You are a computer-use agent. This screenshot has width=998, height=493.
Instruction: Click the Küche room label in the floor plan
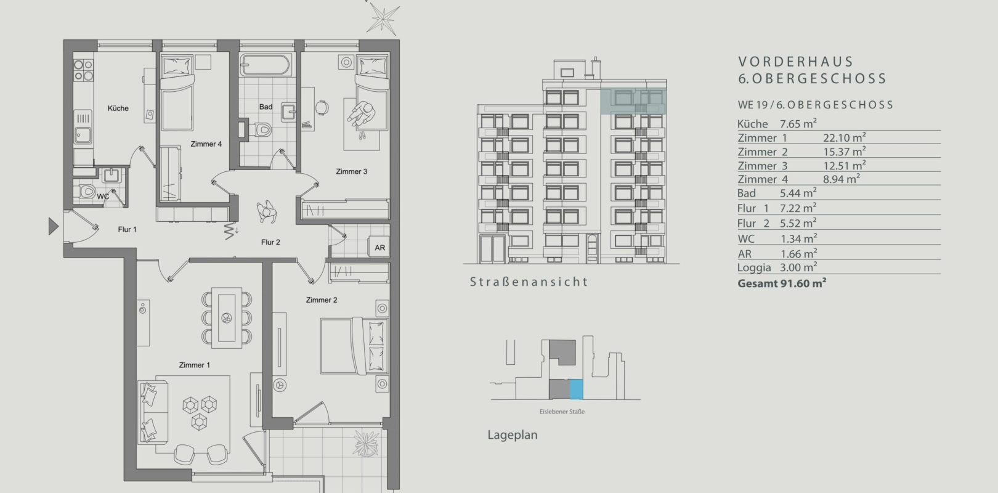point(118,108)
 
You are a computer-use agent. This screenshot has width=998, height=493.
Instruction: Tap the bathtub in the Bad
point(265,65)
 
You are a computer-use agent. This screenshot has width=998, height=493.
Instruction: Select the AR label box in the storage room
point(379,247)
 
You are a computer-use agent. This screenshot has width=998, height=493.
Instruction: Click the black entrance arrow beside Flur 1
point(54,226)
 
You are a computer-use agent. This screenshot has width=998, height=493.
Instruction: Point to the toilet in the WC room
point(87,192)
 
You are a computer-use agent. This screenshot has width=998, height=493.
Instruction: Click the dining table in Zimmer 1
point(227,317)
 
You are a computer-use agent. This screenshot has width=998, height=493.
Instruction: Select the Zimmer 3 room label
point(352,171)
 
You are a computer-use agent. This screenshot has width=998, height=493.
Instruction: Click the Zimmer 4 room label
point(206,144)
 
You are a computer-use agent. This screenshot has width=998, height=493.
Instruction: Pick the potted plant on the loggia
point(366,443)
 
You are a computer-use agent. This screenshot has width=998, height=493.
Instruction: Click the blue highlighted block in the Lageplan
point(577,389)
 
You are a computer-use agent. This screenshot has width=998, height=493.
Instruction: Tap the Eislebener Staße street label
point(562,412)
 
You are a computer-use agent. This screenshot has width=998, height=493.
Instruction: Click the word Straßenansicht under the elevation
point(529,282)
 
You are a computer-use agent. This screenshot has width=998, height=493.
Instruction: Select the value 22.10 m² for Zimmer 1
point(844,138)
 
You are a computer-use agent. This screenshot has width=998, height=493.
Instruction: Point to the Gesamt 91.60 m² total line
point(782,283)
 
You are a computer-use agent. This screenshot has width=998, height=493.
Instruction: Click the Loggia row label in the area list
point(754,267)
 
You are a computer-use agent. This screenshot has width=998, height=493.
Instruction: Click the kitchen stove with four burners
point(83,70)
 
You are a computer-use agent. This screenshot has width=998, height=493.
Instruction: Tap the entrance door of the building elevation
point(592,248)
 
